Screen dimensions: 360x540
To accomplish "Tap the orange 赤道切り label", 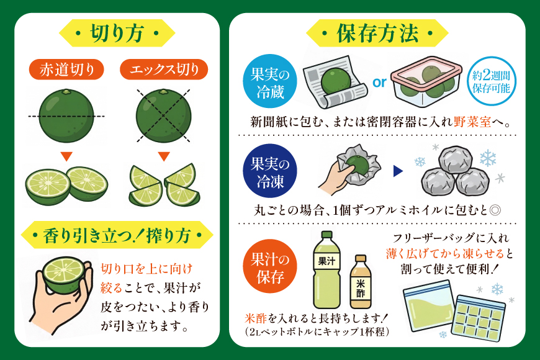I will point(66,70).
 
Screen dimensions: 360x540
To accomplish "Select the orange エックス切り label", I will point(164,70).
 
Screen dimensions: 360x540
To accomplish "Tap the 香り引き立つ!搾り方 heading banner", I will point(116,235).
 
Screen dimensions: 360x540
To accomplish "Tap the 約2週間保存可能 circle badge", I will point(495,81).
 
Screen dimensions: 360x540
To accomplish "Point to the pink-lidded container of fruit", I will point(426,81).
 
